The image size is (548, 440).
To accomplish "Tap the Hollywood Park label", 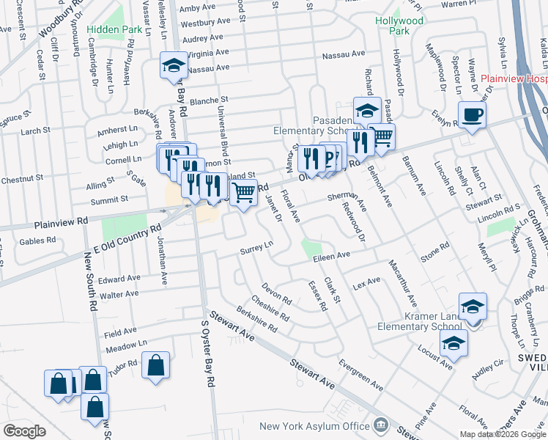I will point(400,26).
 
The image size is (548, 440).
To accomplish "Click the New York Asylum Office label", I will point(315,426).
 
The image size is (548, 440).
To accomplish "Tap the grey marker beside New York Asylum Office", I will point(381,425).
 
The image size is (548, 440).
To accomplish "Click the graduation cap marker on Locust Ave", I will point(453,342).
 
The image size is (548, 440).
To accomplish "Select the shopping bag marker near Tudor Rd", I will point(156,365).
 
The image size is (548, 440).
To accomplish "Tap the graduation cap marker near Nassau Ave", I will point(174,65).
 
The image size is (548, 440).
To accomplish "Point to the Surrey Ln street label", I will point(256,251).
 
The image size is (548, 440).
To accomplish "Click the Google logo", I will point(25,431).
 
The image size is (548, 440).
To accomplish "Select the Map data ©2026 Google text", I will point(502,434).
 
